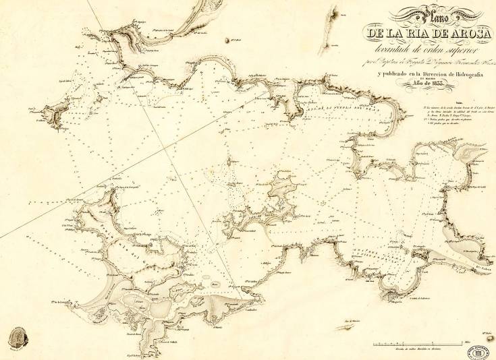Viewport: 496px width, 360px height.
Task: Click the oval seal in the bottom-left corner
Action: [16, 338]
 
